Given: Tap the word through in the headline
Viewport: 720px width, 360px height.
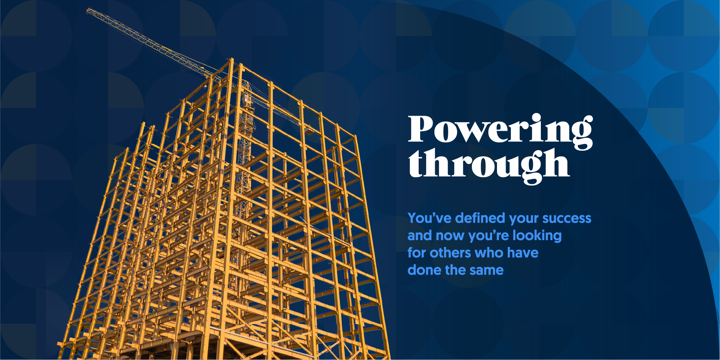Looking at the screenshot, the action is pos(489,165).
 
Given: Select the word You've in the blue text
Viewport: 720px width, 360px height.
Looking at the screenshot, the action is pos(430,218).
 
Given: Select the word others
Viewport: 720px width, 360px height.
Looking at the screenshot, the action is pos(450,253).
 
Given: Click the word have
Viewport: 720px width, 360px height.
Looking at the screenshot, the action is pos(523,253).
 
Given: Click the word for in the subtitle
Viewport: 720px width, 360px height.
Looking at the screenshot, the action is pos(417,253).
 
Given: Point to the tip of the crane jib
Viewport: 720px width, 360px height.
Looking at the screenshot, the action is pos(87,10).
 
